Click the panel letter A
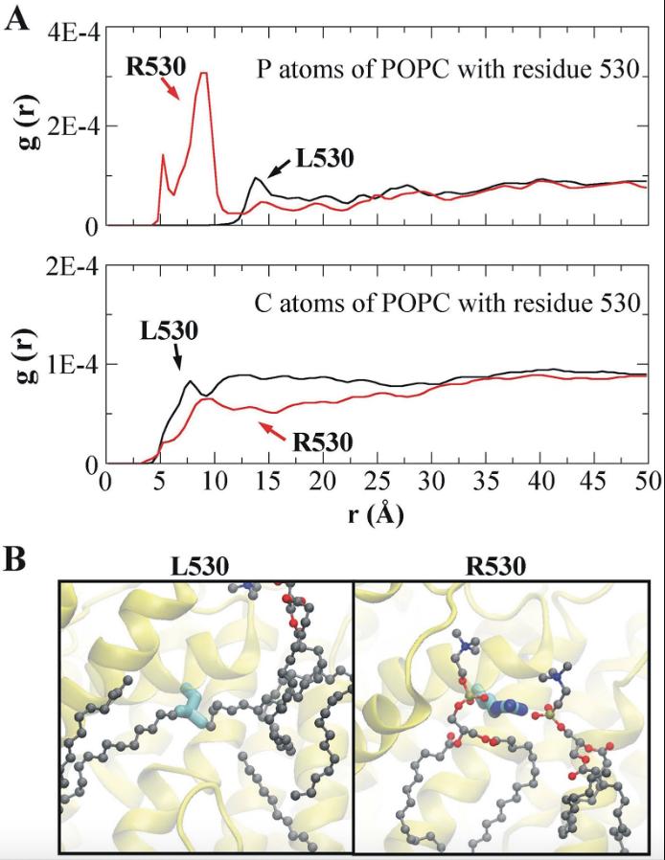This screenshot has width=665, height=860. [x=16, y=17]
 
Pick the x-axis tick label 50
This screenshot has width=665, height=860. [x=648, y=478]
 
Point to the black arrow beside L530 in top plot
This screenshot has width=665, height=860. [x=278, y=170]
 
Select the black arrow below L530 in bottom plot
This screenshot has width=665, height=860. [x=177, y=357]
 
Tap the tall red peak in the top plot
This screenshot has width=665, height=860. [x=202, y=74]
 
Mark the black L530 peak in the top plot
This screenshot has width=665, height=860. [x=256, y=178]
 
